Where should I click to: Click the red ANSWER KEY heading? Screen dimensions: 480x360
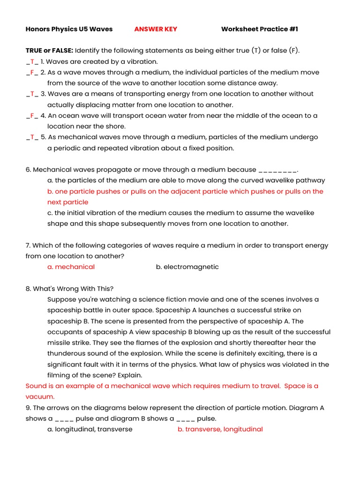click(x=156, y=29)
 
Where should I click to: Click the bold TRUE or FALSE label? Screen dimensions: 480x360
click(x=49, y=51)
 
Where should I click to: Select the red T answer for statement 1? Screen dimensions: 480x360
click(x=32, y=61)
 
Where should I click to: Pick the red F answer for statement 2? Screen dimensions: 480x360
click(x=32, y=72)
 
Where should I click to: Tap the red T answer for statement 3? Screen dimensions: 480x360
click(x=32, y=94)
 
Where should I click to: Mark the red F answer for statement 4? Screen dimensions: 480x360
click(x=32, y=115)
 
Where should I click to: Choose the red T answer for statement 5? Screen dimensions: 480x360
click(x=32, y=137)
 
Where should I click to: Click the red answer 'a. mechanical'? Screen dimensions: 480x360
click(x=71, y=267)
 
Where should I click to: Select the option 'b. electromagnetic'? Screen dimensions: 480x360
click(x=187, y=267)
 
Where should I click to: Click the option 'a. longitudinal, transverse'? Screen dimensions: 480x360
click(x=90, y=429)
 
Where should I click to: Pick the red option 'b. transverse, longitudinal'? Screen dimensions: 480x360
click(x=220, y=429)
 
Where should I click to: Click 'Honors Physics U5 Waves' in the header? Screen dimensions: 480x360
click(x=69, y=29)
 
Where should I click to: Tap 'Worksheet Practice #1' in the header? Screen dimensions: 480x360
click(x=259, y=29)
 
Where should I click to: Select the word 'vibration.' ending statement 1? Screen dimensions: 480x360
click(x=142, y=61)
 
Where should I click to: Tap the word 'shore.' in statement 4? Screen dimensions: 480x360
click(x=115, y=126)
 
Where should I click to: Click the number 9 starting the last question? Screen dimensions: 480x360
click(x=28, y=407)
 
